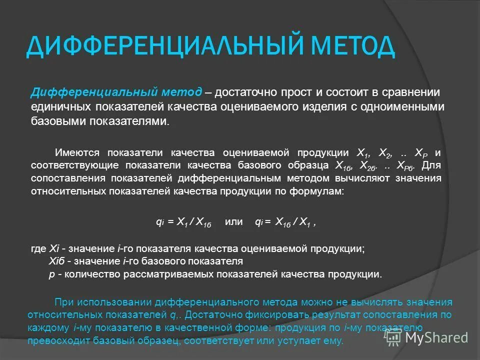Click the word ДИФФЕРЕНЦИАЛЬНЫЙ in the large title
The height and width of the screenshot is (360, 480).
[160, 46]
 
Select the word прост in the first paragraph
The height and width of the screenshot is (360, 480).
[299, 92]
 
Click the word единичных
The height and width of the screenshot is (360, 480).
[61, 107]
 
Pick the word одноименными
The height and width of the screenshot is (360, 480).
[405, 107]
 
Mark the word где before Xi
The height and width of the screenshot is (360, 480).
[38, 248]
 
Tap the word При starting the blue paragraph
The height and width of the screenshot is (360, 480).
[63, 302]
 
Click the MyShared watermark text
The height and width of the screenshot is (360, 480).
[436, 337]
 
